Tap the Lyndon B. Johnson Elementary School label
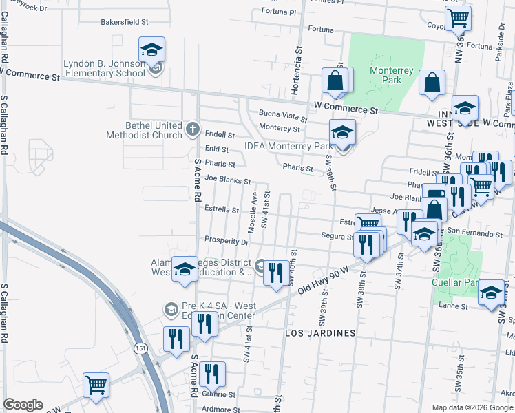pos(104,67)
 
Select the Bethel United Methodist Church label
pos(144,130)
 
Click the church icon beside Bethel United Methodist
pos(192,128)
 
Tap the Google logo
pos(23,405)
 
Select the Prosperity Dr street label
pos(226,241)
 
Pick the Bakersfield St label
pos(125,22)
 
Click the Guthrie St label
pos(218,395)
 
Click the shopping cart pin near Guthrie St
pos(96,385)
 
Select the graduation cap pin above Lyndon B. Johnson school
pos(151,50)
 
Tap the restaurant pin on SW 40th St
pos(275,273)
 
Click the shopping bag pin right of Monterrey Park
pos(432,83)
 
